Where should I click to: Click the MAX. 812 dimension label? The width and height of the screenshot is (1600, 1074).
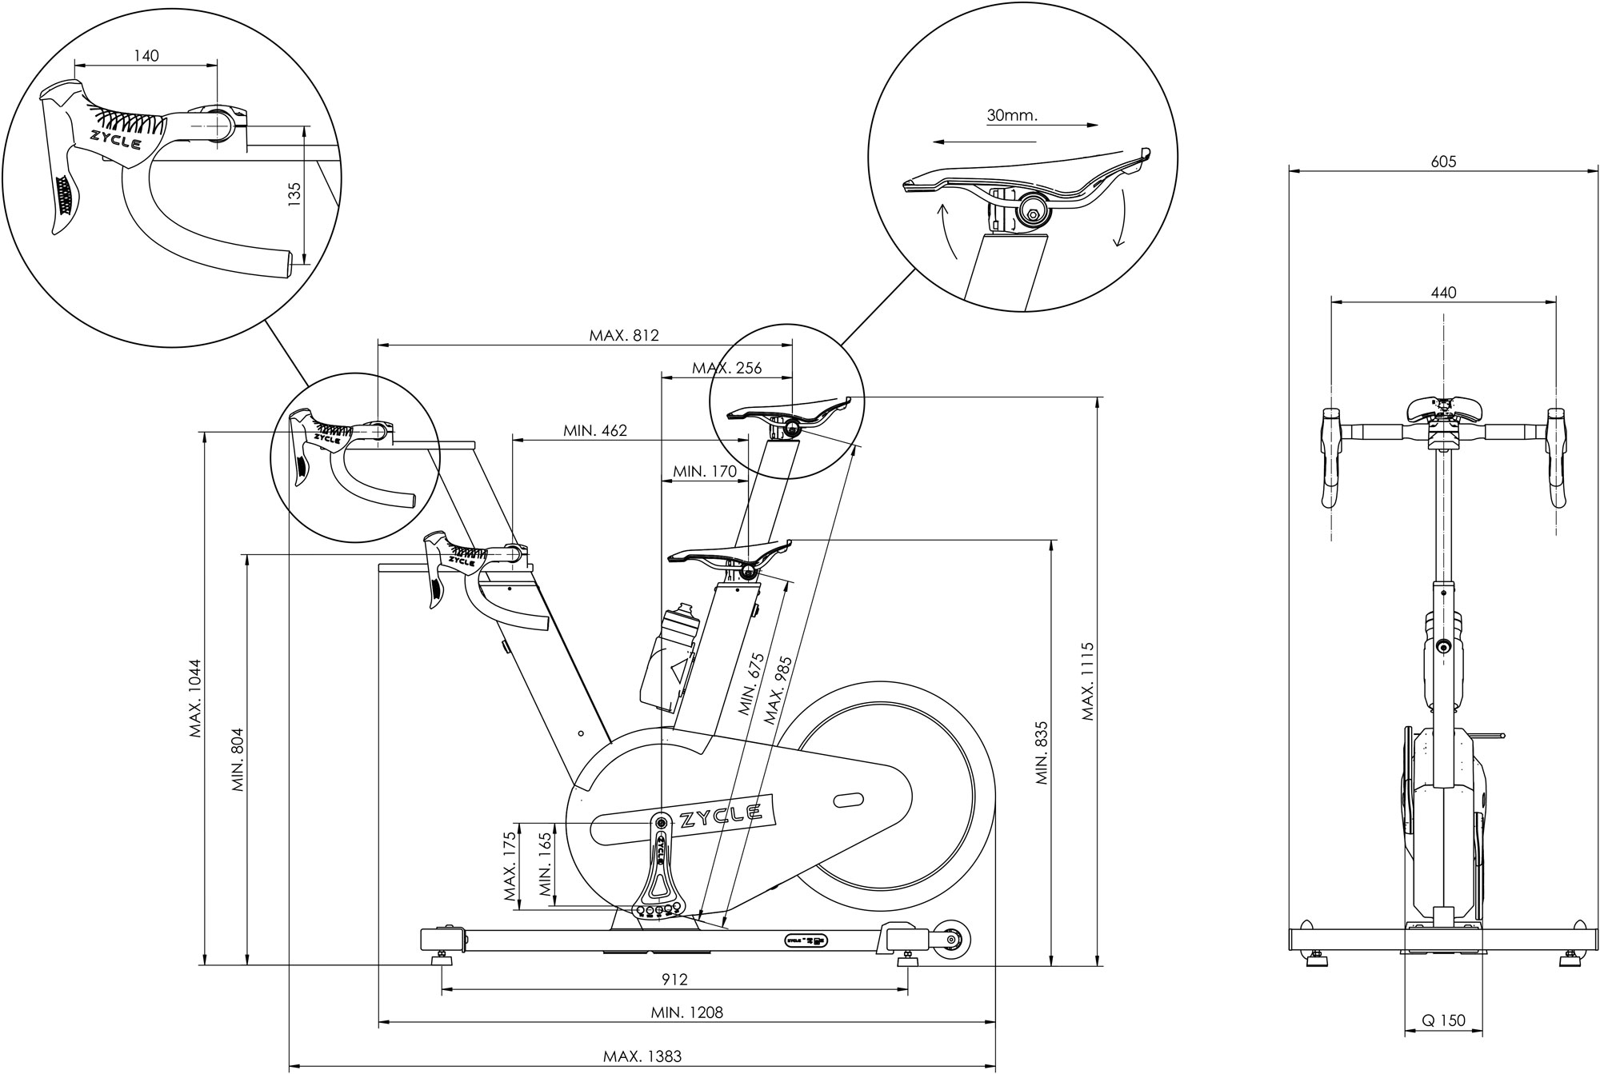[x=624, y=335]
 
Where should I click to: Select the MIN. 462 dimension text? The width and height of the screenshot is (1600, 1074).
[x=595, y=430]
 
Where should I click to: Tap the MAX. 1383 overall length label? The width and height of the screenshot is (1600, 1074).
[x=642, y=1056]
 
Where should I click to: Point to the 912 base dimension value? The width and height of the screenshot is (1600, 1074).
[x=675, y=979]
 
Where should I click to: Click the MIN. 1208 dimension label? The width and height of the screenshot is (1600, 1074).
[x=686, y=1012]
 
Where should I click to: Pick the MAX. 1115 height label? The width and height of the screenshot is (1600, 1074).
[x=1087, y=681]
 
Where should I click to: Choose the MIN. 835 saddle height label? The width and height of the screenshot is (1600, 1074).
[x=1042, y=753]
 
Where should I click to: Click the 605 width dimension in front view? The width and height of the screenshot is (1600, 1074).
[x=1443, y=162]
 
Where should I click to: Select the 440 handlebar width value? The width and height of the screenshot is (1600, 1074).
[x=1443, y=293]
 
